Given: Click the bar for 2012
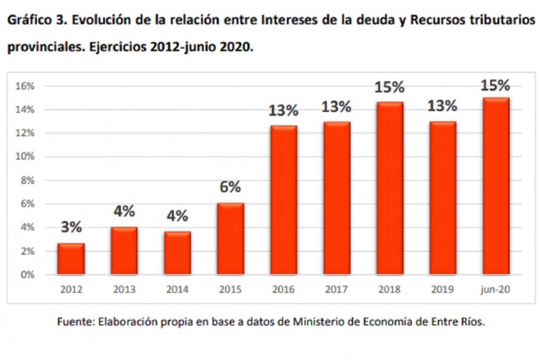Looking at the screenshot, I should tap(71, 259).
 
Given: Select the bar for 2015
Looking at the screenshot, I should tap(230, 238).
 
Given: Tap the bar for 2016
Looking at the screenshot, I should tap(283, 200).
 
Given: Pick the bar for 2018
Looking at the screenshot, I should tap(389, 188).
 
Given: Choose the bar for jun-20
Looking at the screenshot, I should tap(496, 186).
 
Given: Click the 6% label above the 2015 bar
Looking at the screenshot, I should tap(230, 187).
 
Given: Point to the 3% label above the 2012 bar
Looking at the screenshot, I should tap(71, 227).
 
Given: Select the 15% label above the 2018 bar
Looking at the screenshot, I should tap(389, 87).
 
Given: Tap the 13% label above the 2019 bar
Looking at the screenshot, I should tap(443, 106).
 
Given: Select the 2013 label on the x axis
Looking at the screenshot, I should tap(124, 289).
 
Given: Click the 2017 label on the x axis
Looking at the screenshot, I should tap(337, 289).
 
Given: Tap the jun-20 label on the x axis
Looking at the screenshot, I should tap(496, 289).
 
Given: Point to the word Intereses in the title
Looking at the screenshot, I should tap(289, 20).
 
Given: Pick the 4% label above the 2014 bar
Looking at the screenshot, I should tap(178, 216).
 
